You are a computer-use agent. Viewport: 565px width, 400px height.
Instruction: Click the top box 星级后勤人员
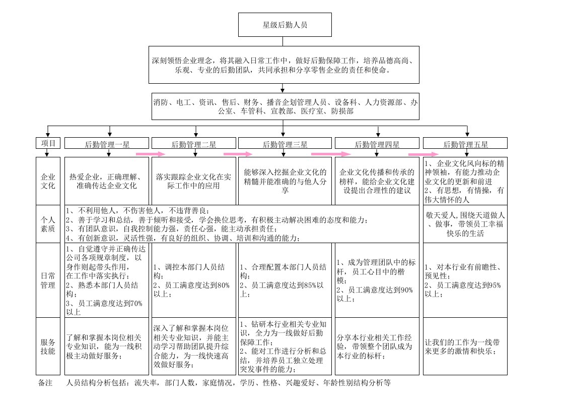pyautogui.click(x=285, y=24)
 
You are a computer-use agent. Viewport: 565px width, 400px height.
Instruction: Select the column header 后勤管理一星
pyautogui.click(x=107, y=144)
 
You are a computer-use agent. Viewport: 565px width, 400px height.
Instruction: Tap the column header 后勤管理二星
pyautogui.click(x=193, y=144)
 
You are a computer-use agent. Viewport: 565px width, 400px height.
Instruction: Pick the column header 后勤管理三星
pyautogui.click(x=285, y=144)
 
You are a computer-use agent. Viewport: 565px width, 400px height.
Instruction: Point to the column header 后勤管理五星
pyautogui.click(x=465, y=144)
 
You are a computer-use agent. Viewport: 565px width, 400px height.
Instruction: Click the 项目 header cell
pyautogui.click(x=48, y=143)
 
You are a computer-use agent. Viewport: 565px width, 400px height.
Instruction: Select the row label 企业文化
pyautogui.click(x=48, y=181)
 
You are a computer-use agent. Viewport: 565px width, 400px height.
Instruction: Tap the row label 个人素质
pyautogui.click(x=48, y=224)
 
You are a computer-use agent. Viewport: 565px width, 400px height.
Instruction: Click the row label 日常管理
pyautogui.click(x=48, y=280)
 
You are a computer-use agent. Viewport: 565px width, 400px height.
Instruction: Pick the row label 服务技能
pyautogui.click(x=48, y=346)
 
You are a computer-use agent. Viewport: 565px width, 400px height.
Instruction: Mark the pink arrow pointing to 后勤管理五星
pyautogui.click(x=423, y=154)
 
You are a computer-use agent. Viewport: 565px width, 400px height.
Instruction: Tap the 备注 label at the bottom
pyautogui.click(x=45, y=383)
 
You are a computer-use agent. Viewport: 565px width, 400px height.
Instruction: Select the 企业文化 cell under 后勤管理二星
pyautogui.click(x=193, y=181)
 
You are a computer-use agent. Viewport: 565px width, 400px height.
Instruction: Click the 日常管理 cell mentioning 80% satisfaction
pyautogui.click(x=193, y=280)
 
